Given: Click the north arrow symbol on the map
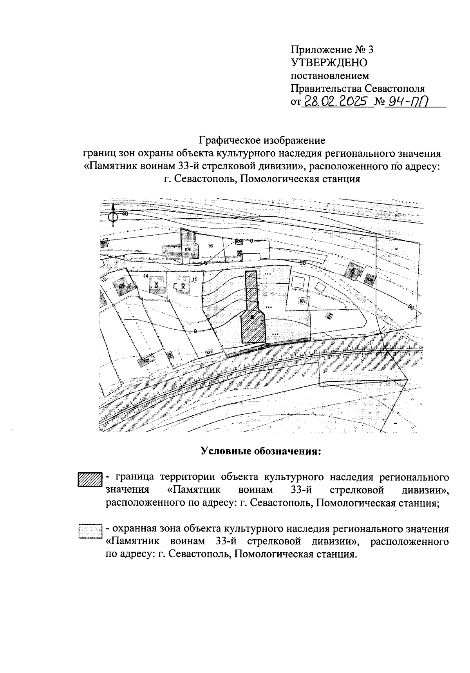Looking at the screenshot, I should (113, 215).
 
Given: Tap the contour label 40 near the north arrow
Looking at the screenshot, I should (125, 214).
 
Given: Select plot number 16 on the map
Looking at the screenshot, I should (210, 246).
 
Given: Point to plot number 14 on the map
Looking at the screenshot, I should (146, 276).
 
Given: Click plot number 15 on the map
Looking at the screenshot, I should (195, 279).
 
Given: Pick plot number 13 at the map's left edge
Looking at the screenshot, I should (104, 280).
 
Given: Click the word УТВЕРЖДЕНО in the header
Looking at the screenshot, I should (329, 62).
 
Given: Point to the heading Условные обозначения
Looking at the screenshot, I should (261, 451).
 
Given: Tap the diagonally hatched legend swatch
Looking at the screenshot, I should (90, 480).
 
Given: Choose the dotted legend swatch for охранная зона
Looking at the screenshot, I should (90, 532).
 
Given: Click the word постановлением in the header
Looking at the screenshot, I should (329, 75).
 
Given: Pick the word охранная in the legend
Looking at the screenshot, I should (131, 529).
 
